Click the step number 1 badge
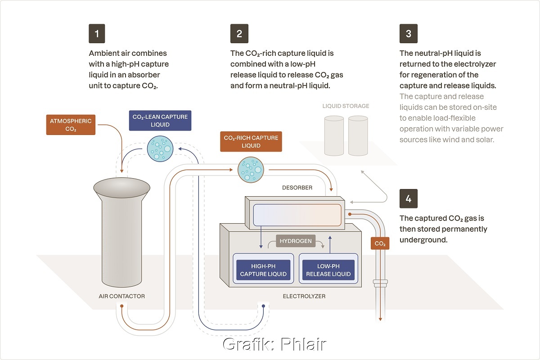pos(98,34)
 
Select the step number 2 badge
pos(239,34)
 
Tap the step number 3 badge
pos(408,34)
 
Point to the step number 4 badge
pos(408,198)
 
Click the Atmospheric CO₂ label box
pos(71,125)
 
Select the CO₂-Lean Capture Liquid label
pos(160,121)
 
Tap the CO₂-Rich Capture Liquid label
pos(251,141)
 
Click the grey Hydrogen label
pos(296,241)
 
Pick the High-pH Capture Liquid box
pos(263,270)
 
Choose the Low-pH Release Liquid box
pos(328,270)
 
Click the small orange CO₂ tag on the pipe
pos(380,243)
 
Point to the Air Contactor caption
pos(121,296)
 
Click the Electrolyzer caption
pos(304,296)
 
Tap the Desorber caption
pos(297,187)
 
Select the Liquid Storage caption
pos(346,106)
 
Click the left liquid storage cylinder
pos(333,136)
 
